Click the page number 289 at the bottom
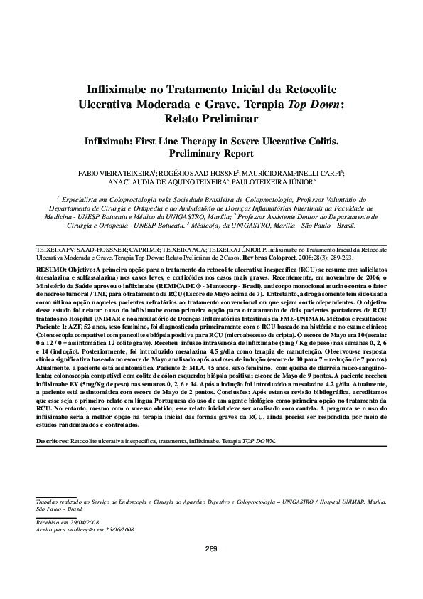[x=211, y=548]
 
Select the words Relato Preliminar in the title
[x=211, y=119]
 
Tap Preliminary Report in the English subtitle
[x=211, y=152]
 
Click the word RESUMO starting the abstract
[x=50, y=272]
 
